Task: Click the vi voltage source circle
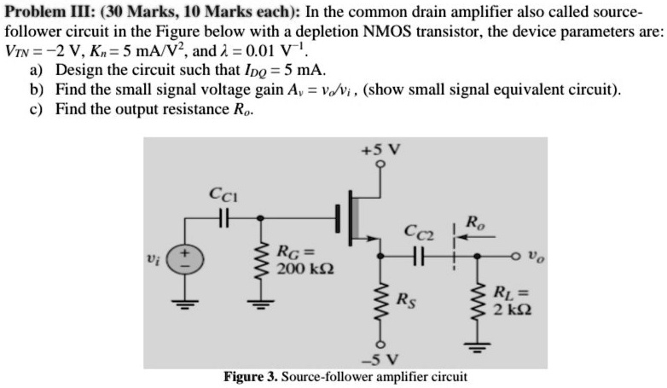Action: click(184, 259)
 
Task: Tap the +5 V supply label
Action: click(380, 150)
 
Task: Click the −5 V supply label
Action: click(380, 360)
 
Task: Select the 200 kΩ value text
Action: click(305, 269)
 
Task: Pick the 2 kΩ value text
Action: click(512, 310)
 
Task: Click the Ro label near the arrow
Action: click(476, 223)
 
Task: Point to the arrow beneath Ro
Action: click(476, 236)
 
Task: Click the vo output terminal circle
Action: click(516, 256)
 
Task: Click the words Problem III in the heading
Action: click(50, 11)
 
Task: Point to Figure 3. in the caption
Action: click(251, 377)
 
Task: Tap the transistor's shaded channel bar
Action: click(355, 217)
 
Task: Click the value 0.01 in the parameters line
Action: click(260, 51)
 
